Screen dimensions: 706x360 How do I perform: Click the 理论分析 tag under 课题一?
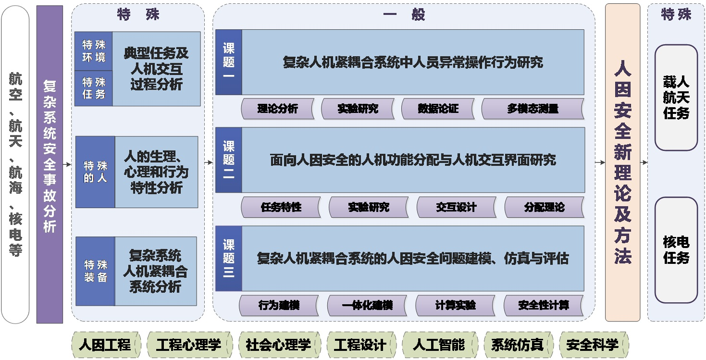278,109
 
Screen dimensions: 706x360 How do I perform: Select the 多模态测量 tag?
533,109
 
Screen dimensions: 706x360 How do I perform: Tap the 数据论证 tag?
438,109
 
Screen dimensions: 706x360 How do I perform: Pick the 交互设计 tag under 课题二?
457,207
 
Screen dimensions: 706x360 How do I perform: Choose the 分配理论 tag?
545,207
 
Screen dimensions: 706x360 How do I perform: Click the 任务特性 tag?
281,207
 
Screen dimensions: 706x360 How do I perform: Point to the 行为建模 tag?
279,306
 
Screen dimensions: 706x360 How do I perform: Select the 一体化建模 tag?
367,306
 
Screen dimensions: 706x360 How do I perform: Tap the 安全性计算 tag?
544,306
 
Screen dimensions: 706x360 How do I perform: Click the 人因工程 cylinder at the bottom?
106,345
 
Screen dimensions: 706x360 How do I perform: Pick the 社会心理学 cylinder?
280,345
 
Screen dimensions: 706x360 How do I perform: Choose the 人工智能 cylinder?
440,345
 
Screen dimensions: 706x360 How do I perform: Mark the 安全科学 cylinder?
594,345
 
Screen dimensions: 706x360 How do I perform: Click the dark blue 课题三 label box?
229,259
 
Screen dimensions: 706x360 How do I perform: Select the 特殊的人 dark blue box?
95,172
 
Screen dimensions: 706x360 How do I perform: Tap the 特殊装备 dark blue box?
95,271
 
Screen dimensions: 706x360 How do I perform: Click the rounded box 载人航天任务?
676,98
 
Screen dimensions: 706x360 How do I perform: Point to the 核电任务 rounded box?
676,250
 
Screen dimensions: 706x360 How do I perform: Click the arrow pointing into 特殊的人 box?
67,164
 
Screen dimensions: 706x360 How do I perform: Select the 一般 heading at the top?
404,14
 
